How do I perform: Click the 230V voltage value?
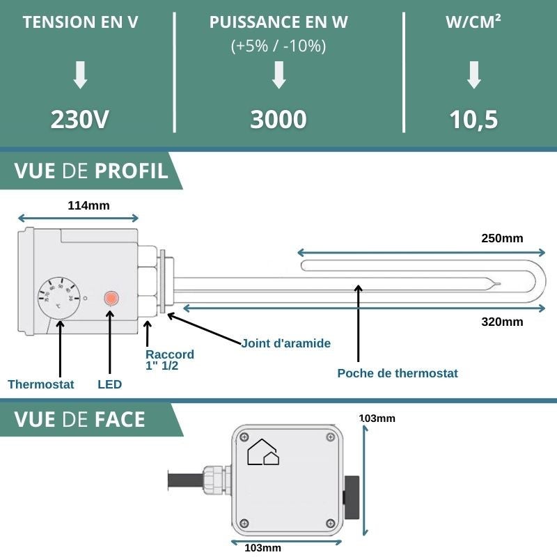(x=80, y=119)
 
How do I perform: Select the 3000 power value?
(x=278, y=119)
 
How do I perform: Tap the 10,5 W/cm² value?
(x=473, y=119)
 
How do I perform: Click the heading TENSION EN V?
(x=80, y=22)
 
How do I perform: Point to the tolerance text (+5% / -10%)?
(x=278, y=47)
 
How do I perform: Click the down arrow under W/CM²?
(x=473, y=74)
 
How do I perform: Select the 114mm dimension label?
(x=88, y=205)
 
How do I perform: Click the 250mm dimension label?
(x=502, y=238)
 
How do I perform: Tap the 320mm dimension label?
(x=502, y=322)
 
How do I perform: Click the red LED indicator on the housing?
(x=110, y=299)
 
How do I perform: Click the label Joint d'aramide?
(x=285, y=343)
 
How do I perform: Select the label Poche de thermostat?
(x=398, y=373)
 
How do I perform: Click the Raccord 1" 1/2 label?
(x=170, y=360)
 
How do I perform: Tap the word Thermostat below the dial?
(x=40, y=384)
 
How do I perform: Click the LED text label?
(x=109, y=384)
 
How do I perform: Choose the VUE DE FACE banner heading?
(x=79, y=419)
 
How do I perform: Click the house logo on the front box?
(x=263, y=452)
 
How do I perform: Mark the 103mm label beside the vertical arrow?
(x=377, y=418)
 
